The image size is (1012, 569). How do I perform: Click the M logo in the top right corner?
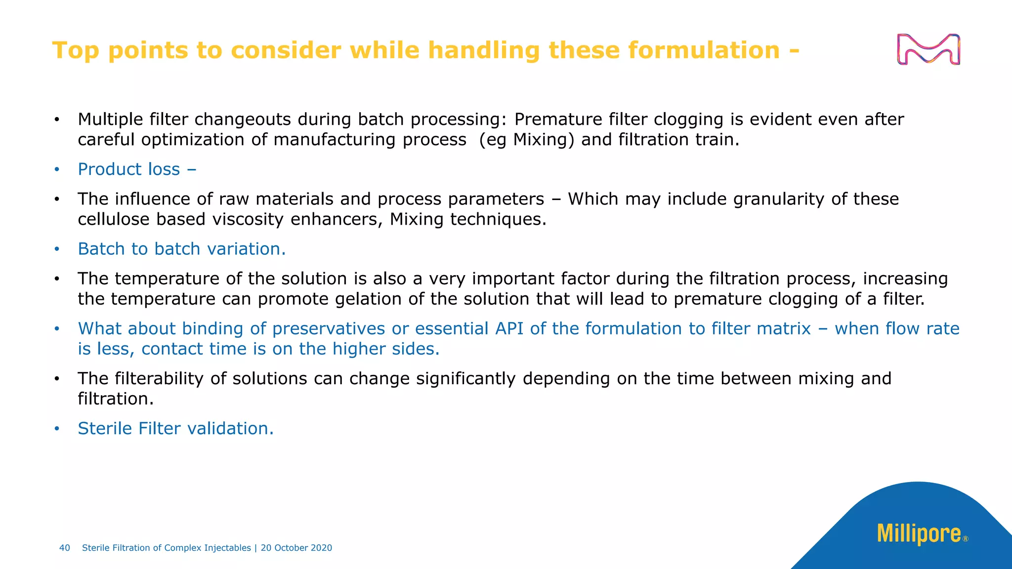[928, 49]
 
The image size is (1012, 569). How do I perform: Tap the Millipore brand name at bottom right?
[919, 534]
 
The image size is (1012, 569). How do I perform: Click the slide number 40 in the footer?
[65, 548]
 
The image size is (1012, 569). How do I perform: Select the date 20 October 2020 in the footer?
[296, 548]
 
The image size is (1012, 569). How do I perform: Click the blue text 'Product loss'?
[129, 169]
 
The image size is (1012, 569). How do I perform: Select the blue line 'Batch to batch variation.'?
[182, 249]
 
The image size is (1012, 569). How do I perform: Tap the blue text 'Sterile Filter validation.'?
[175, 429]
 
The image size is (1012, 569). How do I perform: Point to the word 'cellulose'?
[114, 219]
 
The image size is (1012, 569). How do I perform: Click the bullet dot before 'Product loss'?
[57, 170]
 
